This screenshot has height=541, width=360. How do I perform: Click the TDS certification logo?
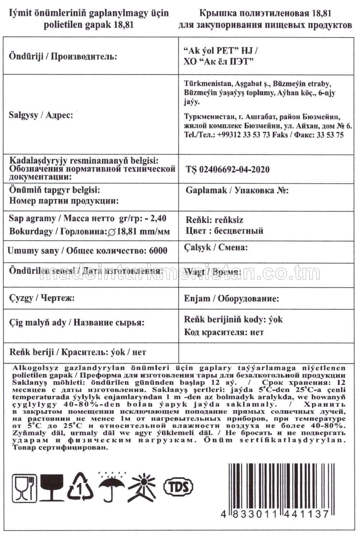178,487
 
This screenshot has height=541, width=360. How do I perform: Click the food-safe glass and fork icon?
24,487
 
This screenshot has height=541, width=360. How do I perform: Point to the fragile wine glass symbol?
52,487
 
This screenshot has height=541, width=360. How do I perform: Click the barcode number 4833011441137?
275,514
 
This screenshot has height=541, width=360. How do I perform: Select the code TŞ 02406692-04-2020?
228,169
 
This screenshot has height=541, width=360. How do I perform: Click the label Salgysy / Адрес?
41,115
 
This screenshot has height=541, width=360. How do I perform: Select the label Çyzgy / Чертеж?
42,298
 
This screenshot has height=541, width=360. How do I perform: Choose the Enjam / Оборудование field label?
231,298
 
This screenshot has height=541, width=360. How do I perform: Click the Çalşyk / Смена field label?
216,247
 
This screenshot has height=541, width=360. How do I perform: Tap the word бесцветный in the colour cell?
238,230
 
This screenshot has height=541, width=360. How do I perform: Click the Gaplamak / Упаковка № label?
237,190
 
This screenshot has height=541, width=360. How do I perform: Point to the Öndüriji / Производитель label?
63,56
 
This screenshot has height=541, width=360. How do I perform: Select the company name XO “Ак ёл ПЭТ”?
219,61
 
